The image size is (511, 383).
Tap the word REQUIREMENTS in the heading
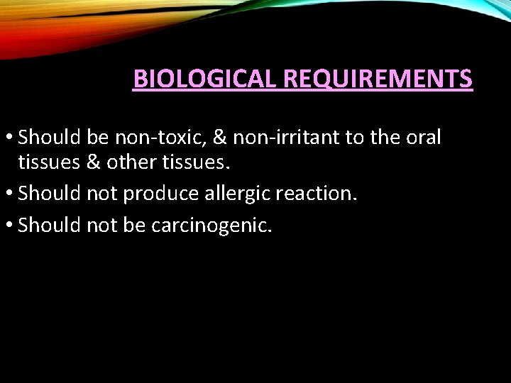378,78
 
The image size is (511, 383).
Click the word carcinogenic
211,226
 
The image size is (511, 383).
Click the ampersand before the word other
93,162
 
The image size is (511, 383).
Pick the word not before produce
103,194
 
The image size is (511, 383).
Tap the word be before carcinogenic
136,226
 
